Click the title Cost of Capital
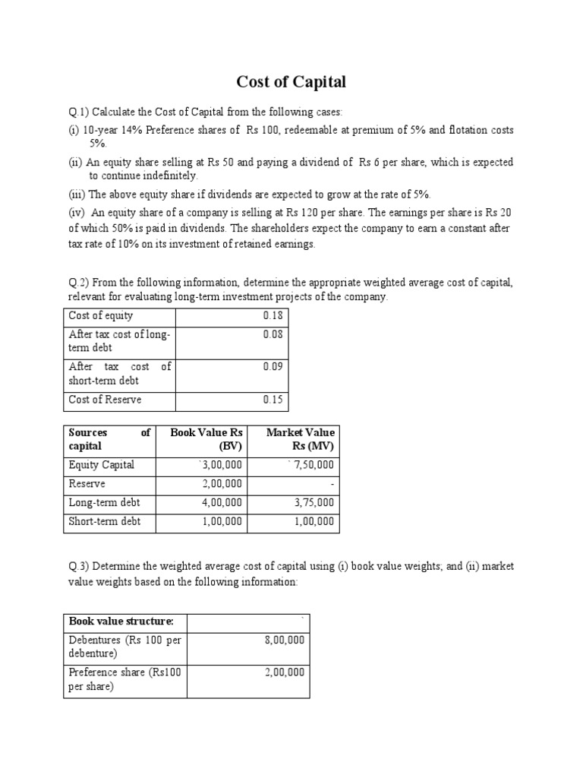click(x=291, y=82)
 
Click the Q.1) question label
click(x=79, y=112)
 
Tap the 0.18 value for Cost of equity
click(x=273, y=315)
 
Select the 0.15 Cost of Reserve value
click(x=273, y=400)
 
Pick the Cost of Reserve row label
click(x=105, y=400)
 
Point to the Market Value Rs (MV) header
click(x=300, y=439)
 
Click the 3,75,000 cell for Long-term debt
click(x=314, y=503)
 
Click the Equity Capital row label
click(x=101, y=465)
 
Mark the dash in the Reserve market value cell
click(x=332, y=484)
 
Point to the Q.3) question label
click(x=79, y=567)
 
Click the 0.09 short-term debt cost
click(x=273, y=366)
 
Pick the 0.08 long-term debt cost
click(x=273, y=334)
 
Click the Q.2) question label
click(x=79, y=283)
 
